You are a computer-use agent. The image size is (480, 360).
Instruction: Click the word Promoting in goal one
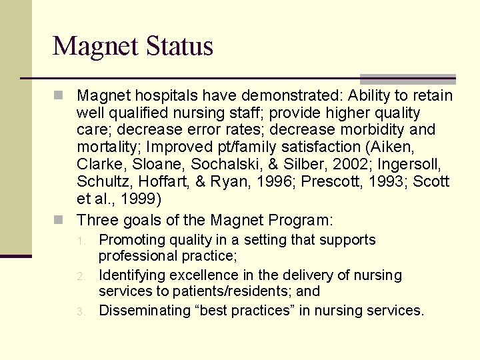pos(131,240)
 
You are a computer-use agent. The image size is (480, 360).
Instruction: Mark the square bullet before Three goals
pos(59,220)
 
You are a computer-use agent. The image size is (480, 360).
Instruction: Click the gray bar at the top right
pos(407,78)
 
